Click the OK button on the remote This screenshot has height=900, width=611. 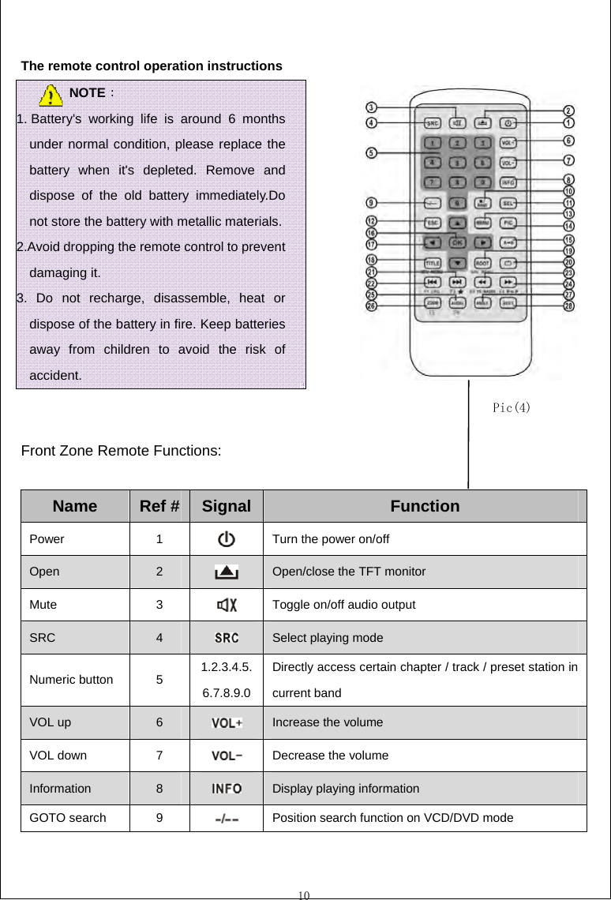pos(457,242)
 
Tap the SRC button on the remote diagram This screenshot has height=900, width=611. pos(433,123)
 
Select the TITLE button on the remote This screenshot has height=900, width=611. pos(433,263)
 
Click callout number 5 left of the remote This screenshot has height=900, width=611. pos(371,152)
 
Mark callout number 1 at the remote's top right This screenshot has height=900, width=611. pos(568,122)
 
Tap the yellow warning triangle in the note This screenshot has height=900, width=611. pos(51,96)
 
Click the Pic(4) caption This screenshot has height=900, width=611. pos(511,408)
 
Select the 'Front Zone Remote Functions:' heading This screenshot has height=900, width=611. pos(121,452)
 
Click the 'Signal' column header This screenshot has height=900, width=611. pos(226,506)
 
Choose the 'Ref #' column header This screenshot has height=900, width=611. pos(159,506)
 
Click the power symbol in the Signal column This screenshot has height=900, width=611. pos(226,540)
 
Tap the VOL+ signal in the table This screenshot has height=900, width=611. pos(226,722)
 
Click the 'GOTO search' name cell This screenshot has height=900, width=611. pos(67,818)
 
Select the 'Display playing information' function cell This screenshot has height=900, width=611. pos(346,788)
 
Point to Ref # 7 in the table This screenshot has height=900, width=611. pos(159,755)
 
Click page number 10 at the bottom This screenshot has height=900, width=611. pos(305,894)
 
